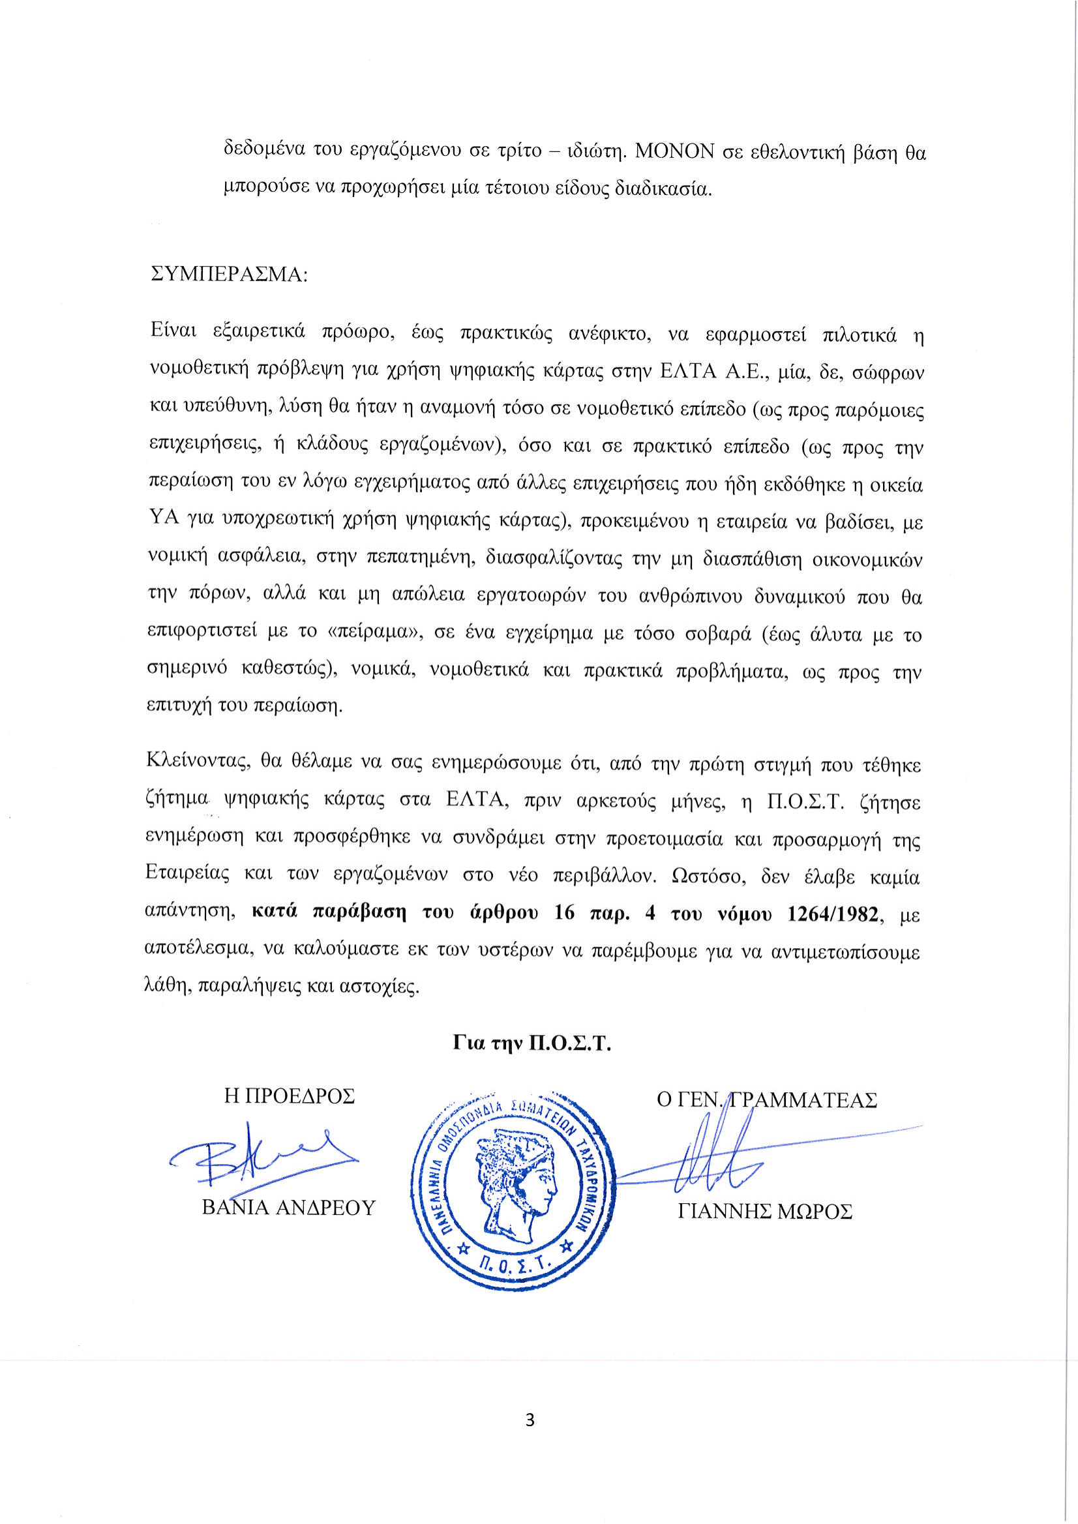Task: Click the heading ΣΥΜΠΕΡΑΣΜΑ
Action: (x=229, y=274)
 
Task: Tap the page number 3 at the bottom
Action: (x=530, y=1420)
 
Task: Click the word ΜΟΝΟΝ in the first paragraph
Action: (x=674, y=152)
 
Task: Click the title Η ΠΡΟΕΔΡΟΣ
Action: (x=290, y=1096)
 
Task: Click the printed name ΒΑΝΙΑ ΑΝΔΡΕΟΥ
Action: (x=289, y=1207)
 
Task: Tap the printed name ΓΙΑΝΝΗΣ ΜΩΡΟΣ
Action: (x=765, y=1212)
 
